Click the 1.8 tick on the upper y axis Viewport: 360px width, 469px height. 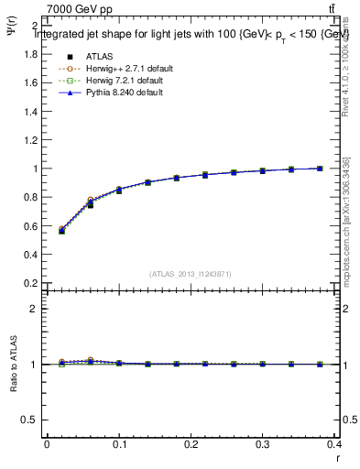(34, 54)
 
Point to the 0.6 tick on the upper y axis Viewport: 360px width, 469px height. (34, 226)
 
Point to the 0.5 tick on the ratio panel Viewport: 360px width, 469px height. (34, 420)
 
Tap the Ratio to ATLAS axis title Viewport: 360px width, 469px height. (13, 364)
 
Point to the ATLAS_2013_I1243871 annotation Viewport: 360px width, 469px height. (191, 274)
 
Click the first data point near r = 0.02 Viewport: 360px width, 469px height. (61, 231)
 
